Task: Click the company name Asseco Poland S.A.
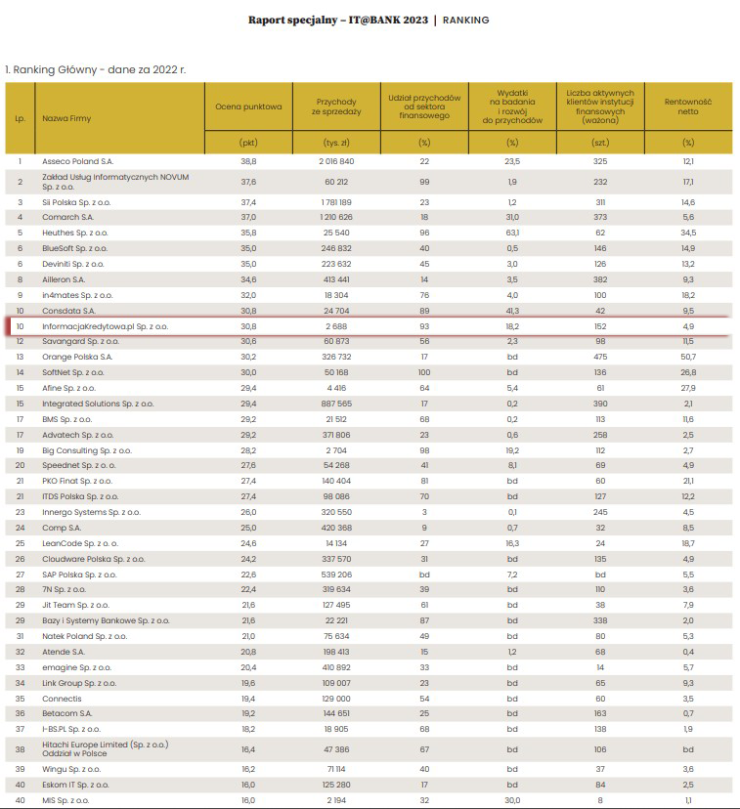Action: [77, 160]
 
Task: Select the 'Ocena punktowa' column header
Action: [248, 105]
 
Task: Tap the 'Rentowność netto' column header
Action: [688, 105]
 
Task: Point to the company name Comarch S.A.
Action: [68, 216]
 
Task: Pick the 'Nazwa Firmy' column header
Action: [62, 118]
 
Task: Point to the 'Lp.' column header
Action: [20, 118]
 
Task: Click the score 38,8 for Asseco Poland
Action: [248, 160]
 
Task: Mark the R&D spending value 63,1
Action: [512, 233]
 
